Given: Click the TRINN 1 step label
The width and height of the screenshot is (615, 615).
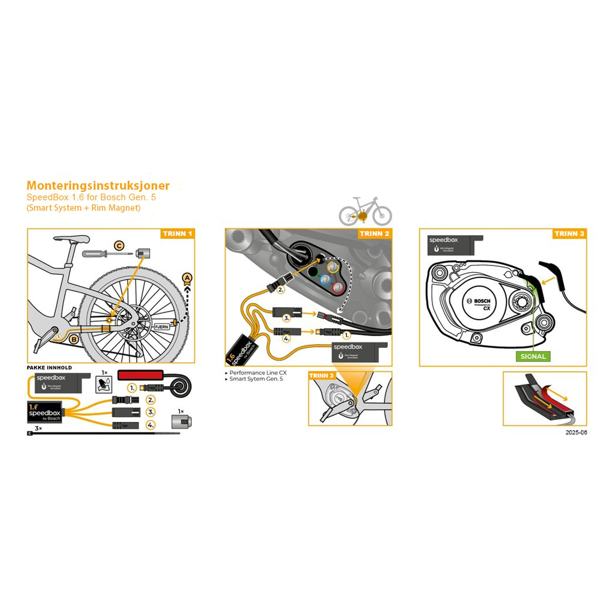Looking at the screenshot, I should click(177, 234).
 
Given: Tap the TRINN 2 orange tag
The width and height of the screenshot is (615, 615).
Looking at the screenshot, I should click(374, 234).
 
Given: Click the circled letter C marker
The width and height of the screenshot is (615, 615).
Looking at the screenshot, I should click(119, 246).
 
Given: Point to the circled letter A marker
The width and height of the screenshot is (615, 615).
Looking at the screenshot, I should click(188, 278).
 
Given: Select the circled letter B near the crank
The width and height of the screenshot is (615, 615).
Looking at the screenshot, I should click(74, 339).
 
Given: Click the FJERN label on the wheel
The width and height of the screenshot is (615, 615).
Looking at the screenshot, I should click(160, 326).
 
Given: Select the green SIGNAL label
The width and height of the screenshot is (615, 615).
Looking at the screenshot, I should click(533, 356).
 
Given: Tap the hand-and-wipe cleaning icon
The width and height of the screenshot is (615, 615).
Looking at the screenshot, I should click(105, 382).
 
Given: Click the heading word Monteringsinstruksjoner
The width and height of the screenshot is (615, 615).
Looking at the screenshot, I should click(98, 186).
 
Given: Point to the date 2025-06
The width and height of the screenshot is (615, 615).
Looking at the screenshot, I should click(577, 433).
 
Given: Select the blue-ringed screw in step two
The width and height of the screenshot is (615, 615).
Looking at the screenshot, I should click(324, 279).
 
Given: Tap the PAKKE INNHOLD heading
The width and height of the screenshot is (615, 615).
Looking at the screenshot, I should click(49, 367).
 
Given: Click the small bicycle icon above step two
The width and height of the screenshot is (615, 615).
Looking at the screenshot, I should click(365, 211).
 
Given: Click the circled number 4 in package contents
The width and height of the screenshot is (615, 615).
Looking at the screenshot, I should click(150, 425).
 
